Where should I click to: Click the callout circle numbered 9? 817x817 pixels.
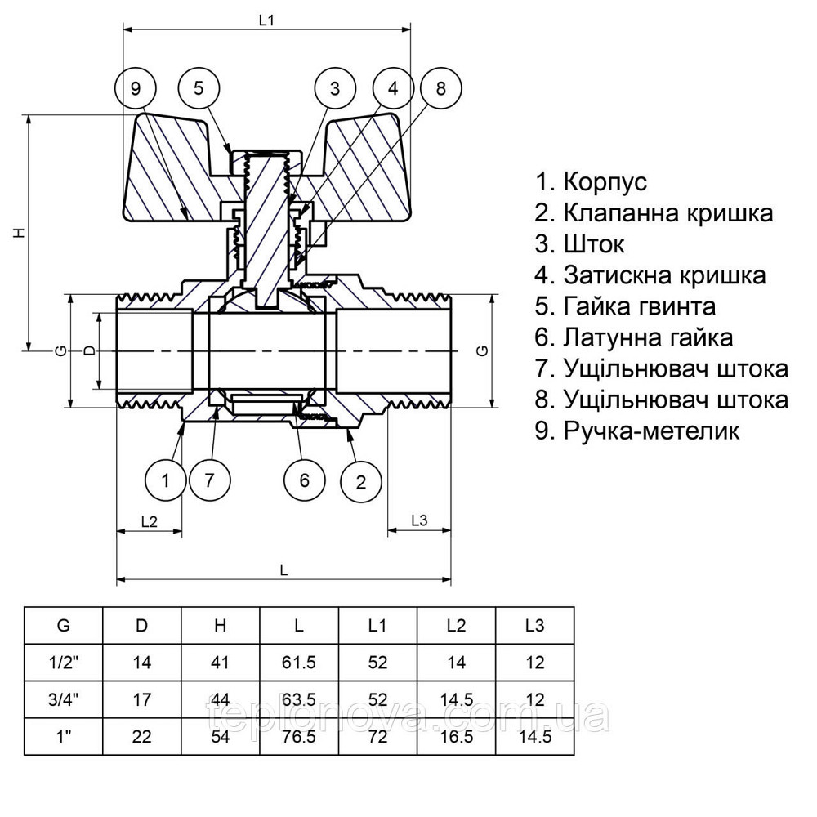(x=136, y=88)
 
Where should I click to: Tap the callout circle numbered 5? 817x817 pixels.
(x=201, y=88)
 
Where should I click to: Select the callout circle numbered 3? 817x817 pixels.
(x=335, y=88)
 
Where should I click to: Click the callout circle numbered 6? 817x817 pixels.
(x=305, y=480)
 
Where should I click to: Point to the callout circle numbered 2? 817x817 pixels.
(x=361, y=480)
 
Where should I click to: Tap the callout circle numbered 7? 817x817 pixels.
(x=210, y=480)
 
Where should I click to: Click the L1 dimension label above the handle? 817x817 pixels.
(x=266, y=20)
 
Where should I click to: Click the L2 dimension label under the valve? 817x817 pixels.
(x=149, y=520)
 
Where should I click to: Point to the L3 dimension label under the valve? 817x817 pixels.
(x=419, y=520)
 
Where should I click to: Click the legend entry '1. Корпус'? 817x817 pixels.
(x=591, y=181)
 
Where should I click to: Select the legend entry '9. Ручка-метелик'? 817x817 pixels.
(x=637, y=431)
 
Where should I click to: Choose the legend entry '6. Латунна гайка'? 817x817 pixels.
(x=634, y=337)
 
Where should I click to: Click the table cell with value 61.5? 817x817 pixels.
(x=299, y=663)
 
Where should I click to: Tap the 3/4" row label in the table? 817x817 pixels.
(x=63, y=699)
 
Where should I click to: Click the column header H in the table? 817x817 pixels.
(x=220, y=627)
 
